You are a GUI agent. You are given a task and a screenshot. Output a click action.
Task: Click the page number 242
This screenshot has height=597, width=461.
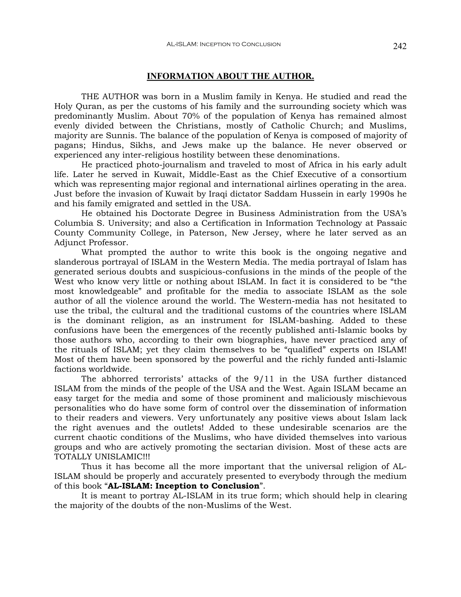coord(400,46)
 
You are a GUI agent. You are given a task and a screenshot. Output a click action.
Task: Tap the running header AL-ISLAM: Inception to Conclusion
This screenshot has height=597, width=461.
coord(223,44)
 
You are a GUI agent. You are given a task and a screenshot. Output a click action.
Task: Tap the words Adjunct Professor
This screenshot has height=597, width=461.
coord(91,243)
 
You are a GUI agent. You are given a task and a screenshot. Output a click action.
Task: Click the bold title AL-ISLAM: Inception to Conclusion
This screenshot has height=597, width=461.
coord(183,486)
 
